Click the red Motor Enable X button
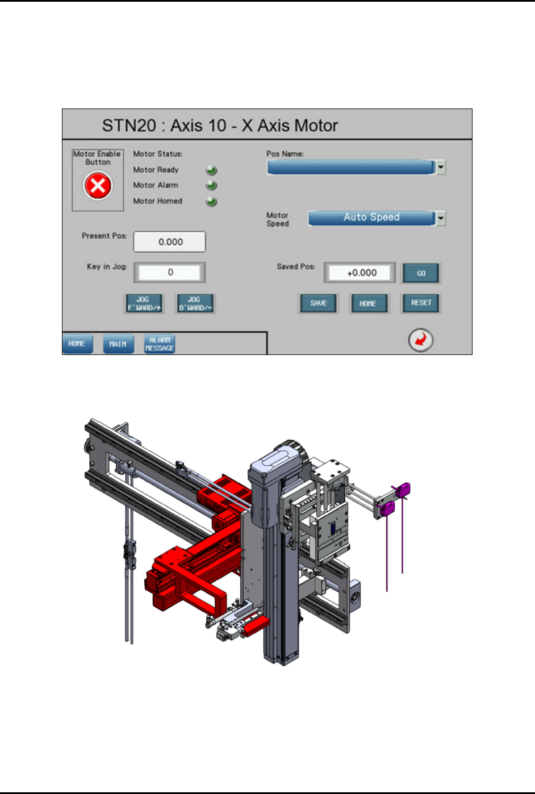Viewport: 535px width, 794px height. pyautogui.click(x=98, y=185)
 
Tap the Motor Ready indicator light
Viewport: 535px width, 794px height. pyautogui.click(x=211, y=170)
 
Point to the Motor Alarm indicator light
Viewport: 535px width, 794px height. pyautogui.click(x=211, y=185)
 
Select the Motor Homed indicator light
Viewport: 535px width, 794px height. pyautogui.click(x=211, y=201)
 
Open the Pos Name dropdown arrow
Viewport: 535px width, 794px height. pyautogui.click(x=441, y=168)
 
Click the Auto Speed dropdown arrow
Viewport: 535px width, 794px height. pyautogui.click(x=441, y=218)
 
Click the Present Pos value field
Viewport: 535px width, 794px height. pyautogui.click(x=169, y=242)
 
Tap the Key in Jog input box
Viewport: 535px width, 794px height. pyautogui.click(x=169, y=272)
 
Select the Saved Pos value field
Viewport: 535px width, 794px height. pyautogui.click(x=360, y=273)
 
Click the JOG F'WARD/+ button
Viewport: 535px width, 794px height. pyautogui.click(x=144, y=303)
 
